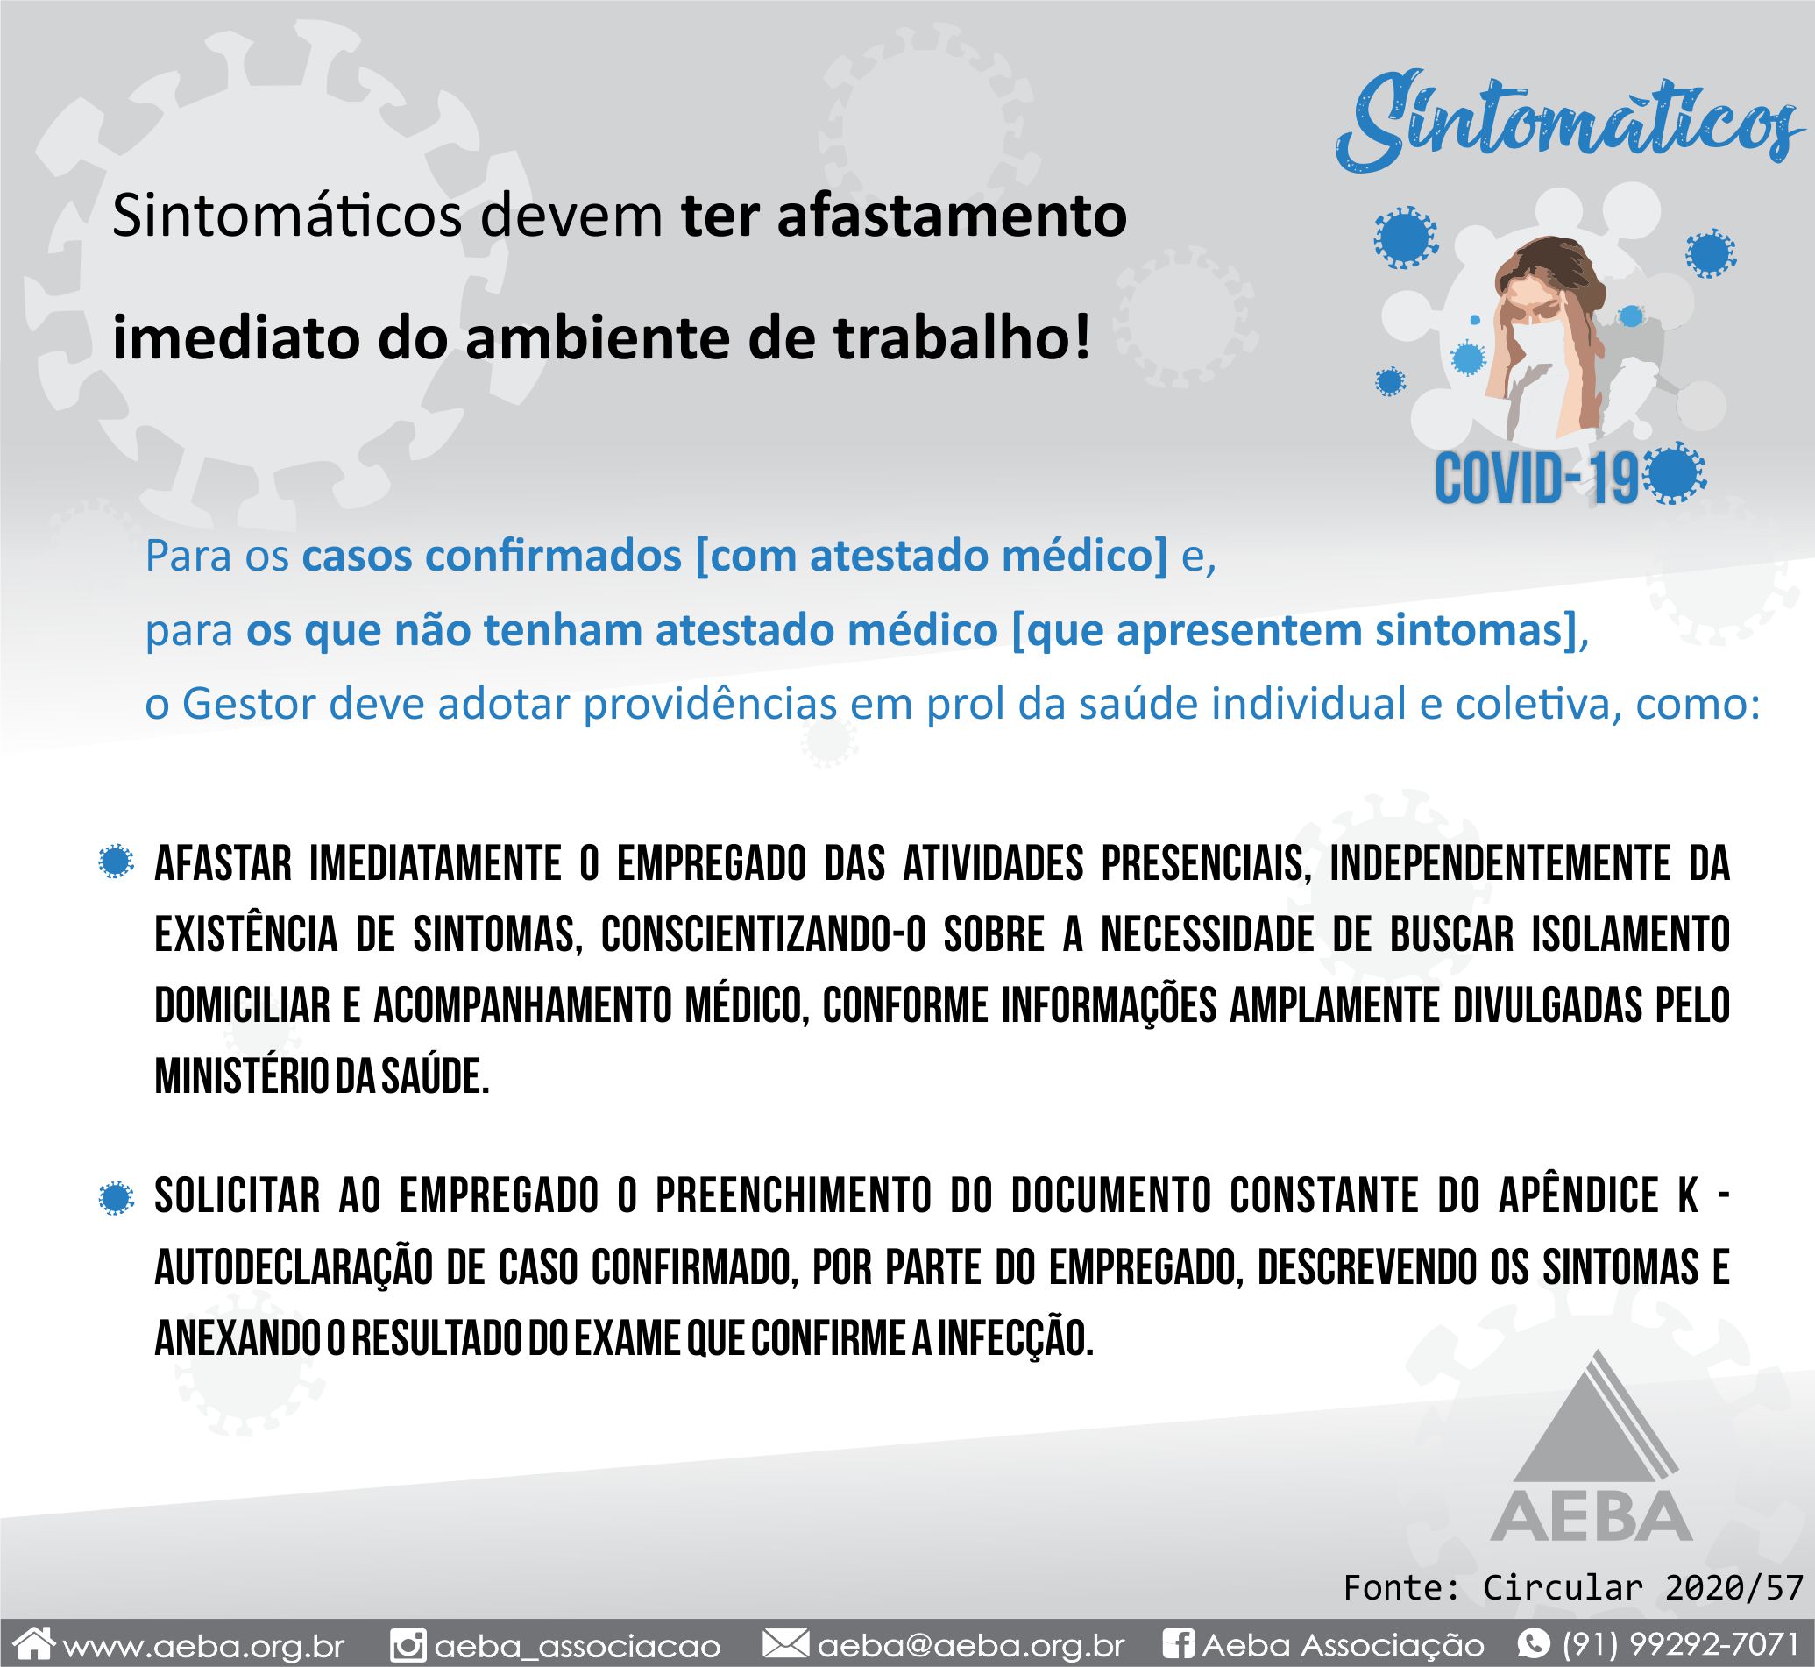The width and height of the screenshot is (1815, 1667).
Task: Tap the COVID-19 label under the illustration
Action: pos(1537,478)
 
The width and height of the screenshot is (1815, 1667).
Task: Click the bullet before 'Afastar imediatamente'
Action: pos(116,863)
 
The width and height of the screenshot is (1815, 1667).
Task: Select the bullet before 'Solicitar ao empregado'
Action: pos(116,1199)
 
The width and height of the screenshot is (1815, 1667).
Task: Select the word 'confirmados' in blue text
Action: pos(552,557)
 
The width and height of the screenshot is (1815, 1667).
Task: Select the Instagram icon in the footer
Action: pos(407,1644)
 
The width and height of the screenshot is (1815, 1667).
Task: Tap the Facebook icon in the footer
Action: pos(1179,1644)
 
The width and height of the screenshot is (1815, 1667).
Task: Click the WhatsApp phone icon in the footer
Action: pos(1535,1643)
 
